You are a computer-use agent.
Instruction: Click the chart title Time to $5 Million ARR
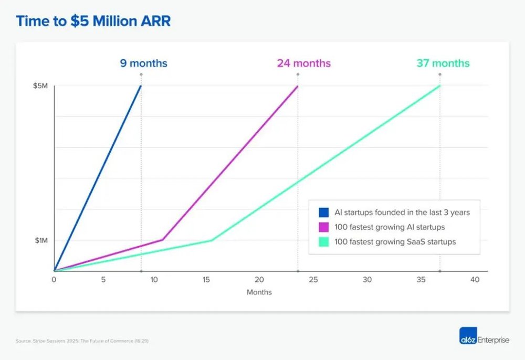tap(93, 22)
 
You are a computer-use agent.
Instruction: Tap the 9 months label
tap(143, 63)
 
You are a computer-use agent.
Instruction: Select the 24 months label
tap(304, 63)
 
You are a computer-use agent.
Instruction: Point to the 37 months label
tap(443, 63)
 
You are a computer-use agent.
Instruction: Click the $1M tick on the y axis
tap(41, 240)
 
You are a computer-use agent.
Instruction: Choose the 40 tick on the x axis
tap(475, 280)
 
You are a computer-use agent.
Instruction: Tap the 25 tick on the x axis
tap(313, 280)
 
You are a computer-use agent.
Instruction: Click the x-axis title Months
tap(259, 292)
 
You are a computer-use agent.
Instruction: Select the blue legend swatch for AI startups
tap(323, 213)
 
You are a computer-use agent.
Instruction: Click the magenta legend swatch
tap(323, 227)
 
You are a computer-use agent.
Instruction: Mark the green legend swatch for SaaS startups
tap(323, 242)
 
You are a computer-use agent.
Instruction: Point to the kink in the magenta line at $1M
tap(163, 240)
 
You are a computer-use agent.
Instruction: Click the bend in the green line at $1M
tap(212, 240)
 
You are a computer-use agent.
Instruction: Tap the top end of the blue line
tap(141, 86)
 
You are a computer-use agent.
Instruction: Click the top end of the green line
tap(439, 86)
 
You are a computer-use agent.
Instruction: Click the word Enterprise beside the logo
tap(494, 340)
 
